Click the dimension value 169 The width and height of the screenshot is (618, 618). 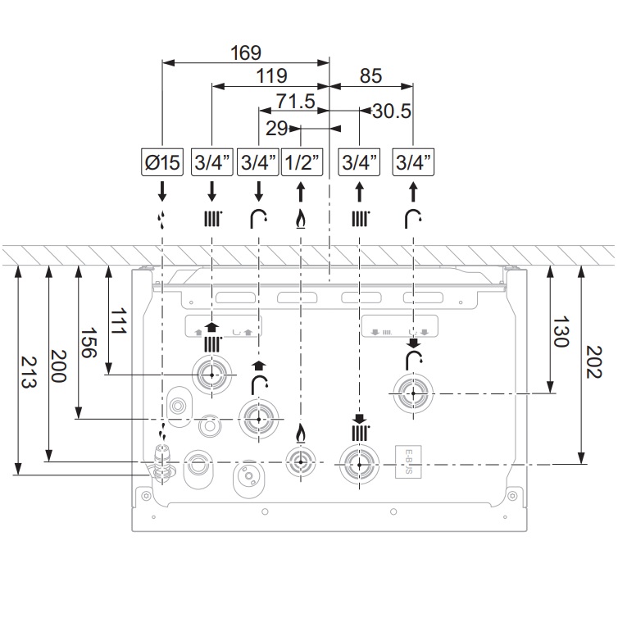tap(246, 52)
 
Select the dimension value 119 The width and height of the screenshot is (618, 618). tap(270, 76)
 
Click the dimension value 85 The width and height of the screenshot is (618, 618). tap(370, 76)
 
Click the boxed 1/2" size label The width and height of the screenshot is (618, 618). tap(301, 163)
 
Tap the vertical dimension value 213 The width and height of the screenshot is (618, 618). tap(27, 374)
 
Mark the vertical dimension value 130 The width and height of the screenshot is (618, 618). tap(560, 332)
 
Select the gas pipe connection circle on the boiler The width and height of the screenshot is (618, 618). tap(300, 461)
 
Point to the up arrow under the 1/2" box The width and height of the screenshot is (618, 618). tap(301, 192)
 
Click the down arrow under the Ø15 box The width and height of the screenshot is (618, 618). tap(162, 192)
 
